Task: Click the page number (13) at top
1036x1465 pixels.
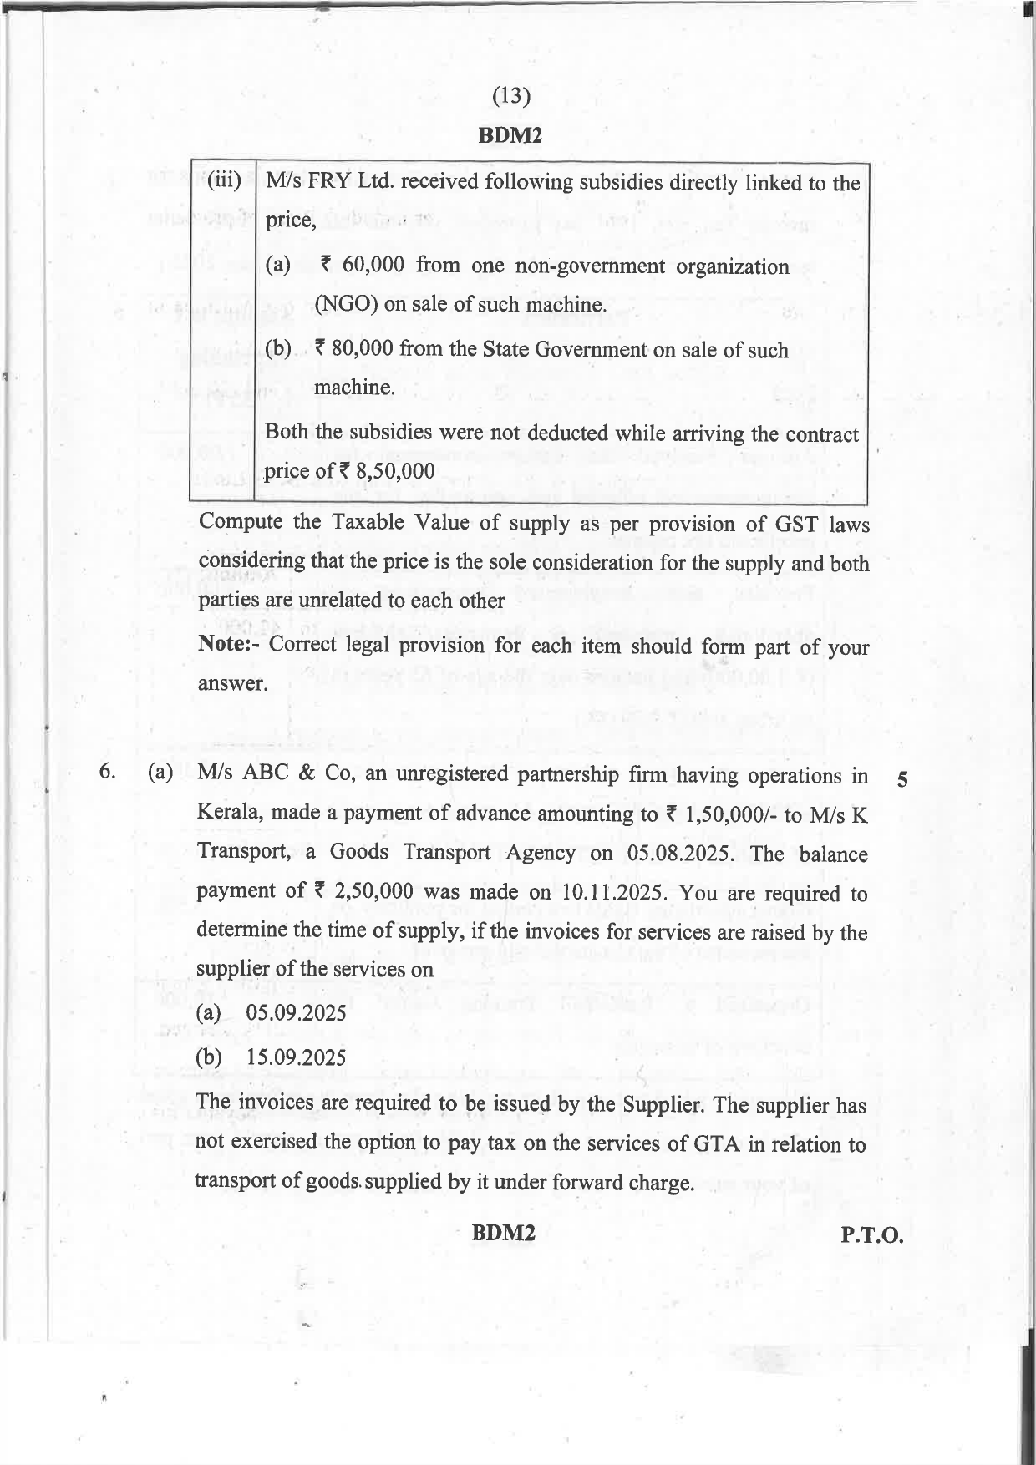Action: click(511, 97)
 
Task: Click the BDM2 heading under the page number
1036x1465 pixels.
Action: click(510, 135)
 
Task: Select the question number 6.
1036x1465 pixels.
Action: click(106, 773)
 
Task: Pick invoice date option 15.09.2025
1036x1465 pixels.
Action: click(296, 1057)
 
